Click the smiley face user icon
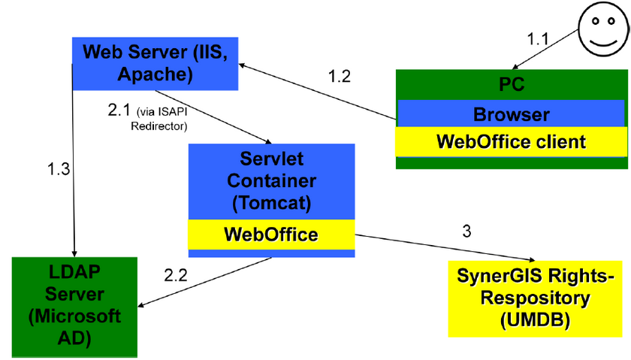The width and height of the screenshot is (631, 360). coord(604,30)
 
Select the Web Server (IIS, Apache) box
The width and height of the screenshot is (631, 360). coord(155,63)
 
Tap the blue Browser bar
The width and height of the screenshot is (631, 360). coord(511,114)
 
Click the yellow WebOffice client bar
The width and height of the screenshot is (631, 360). coord(511,141)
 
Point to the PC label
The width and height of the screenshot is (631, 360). coord(511,84)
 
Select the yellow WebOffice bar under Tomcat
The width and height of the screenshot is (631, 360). coord(270,234)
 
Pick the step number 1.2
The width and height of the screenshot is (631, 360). coord(339,76)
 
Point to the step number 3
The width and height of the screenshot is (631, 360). coord(466,231)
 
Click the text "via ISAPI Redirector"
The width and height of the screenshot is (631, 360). coord(162,119)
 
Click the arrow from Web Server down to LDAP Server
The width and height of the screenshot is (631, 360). coord(73,165)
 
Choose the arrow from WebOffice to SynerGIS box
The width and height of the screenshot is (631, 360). coord(443,246)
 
